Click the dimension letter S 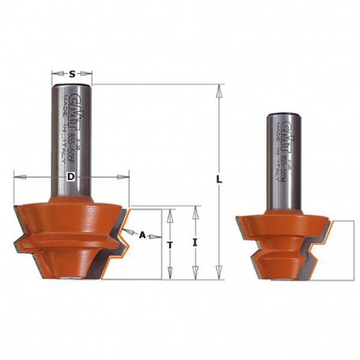point(72,74)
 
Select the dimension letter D point(71,178)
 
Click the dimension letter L point(221,181)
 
